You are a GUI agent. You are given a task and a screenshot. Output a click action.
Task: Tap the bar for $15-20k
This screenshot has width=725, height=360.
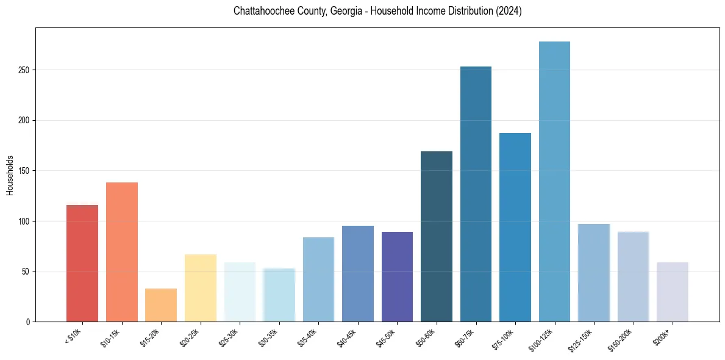tap(161, 305)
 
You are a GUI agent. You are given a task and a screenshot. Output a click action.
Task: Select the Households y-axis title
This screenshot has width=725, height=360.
tap(10, 175)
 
